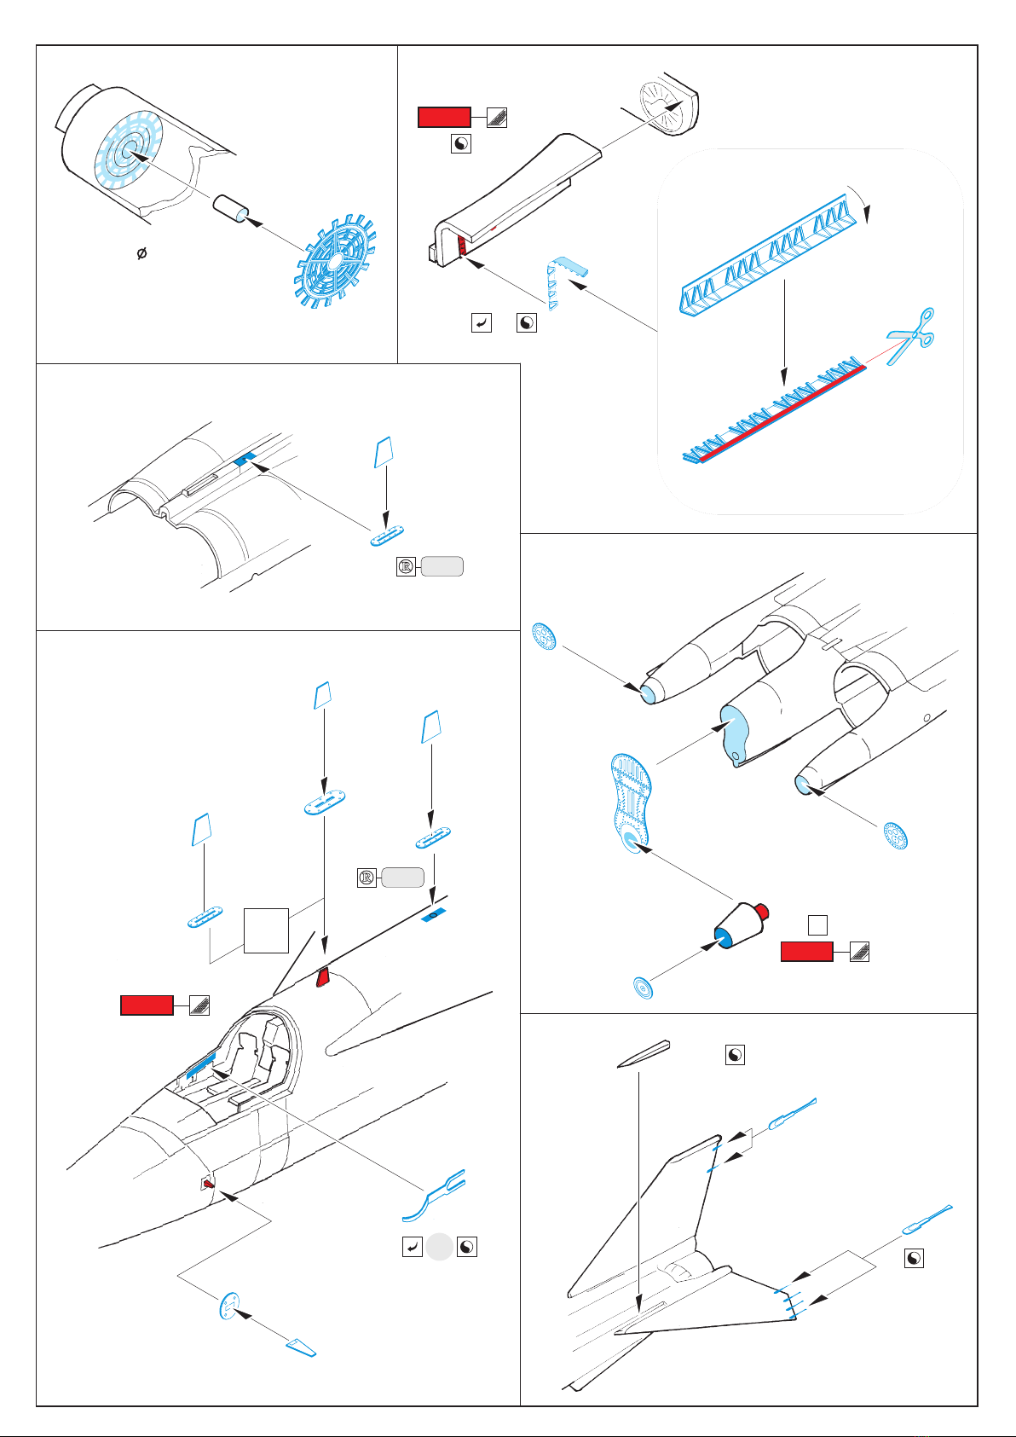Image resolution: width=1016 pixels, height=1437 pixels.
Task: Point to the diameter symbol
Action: [142, 253]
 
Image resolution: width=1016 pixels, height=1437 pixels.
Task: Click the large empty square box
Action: [266, 930]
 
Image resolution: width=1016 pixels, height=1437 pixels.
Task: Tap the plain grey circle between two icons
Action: [440, 1247]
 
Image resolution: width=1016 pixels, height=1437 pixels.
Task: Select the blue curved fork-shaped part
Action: [434, 1195]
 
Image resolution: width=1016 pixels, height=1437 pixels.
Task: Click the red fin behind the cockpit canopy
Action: [323, 977]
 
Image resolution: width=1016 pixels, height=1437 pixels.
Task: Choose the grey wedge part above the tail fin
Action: [644, 1055]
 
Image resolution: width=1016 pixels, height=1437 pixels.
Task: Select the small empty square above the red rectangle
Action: [817, 924]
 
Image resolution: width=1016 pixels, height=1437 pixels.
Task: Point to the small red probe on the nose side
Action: [208, 1184]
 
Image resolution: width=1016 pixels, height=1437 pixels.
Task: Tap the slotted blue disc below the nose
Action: [229, 1306]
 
